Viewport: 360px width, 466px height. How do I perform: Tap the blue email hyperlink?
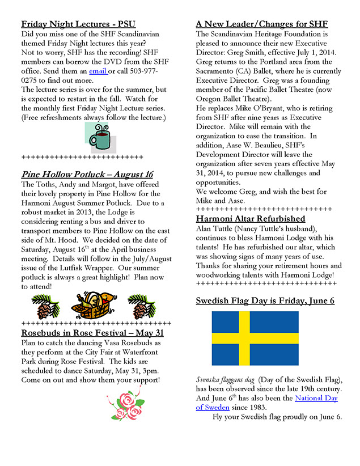click(98, 71)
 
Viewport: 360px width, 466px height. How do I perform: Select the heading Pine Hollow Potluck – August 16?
click(87, 174)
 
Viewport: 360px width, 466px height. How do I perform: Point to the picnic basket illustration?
click(94, 306)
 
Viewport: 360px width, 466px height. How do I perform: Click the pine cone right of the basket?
click(141, 307)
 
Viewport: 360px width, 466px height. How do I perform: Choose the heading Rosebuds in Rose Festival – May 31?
click(92, 333)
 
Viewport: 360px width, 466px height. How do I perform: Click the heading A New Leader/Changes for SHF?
click(261, 24)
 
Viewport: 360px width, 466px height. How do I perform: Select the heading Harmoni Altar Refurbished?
click(250, 218)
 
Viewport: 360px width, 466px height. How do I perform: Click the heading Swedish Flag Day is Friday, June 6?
click(265, 300)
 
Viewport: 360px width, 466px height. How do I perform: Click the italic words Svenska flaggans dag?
click(226, 379)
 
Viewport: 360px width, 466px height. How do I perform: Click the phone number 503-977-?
click(138, 71)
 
